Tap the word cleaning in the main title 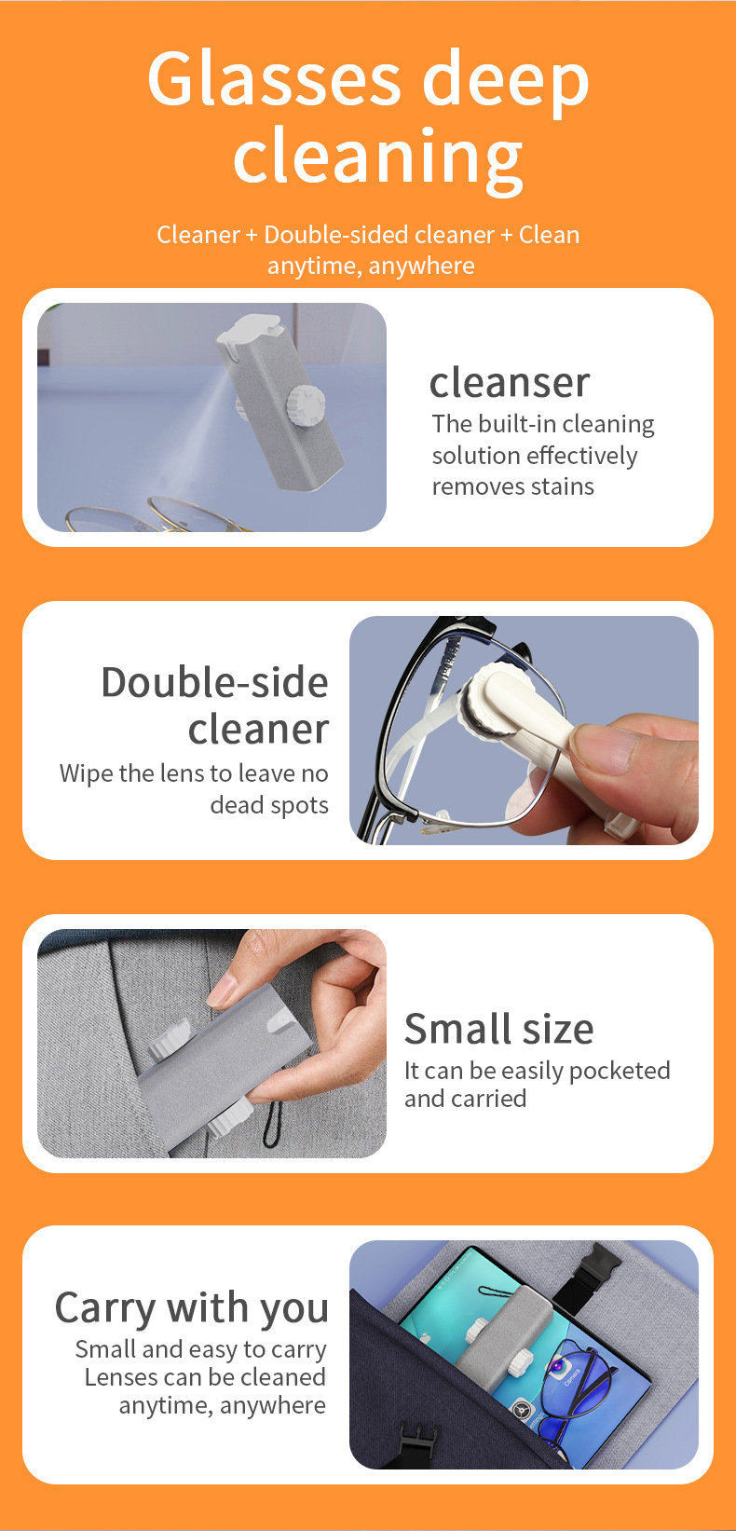point(377,157)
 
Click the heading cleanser point(509,382)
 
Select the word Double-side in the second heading point(214,682)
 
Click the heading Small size point(498,1029)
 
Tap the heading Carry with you point(192,1307)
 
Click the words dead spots point(269,805)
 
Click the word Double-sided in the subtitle point(378,235)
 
